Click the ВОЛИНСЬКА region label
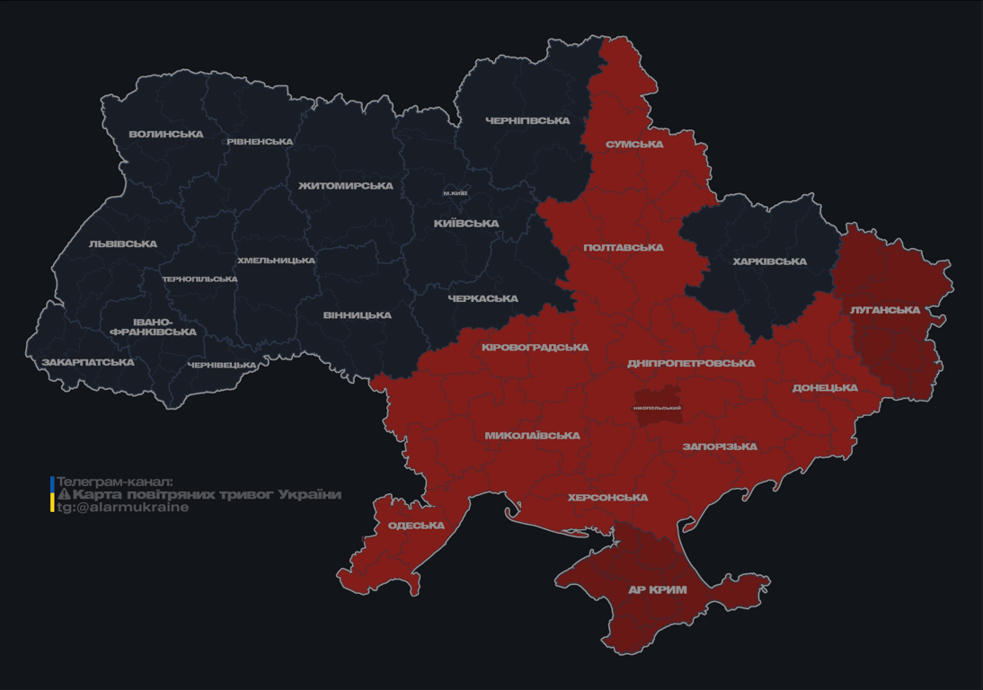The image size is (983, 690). (165, 135)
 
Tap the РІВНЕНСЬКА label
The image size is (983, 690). (260, 142)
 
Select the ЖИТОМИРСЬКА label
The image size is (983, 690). (346, 186)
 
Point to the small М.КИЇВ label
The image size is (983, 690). (456, 193)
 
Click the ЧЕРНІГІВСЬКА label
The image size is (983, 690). (527, 120)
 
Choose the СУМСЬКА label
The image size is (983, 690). (634, 144)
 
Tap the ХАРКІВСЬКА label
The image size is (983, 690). (769, 261)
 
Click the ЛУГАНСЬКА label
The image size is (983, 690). (885, 310)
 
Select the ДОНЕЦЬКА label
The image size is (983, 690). (825, 388)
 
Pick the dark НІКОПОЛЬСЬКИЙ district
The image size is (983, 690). (657, 407)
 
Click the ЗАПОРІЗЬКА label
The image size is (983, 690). (720, 447)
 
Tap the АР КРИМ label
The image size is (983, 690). (657, 590)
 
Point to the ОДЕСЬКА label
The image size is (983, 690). (416, 526)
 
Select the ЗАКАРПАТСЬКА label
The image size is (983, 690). (88, 363)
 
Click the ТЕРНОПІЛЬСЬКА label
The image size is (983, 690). (199, 279)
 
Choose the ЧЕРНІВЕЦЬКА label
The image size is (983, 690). (222, 366)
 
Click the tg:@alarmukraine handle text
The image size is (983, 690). (123, 508)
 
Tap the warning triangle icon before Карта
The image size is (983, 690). (64, 494)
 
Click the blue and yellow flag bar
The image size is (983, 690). (52, 494)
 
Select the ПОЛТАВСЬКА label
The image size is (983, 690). (623, 247)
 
